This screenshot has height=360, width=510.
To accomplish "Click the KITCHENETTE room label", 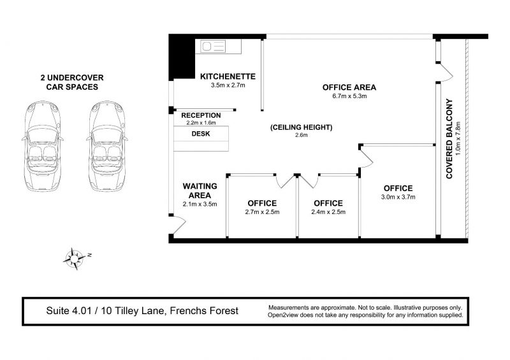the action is pyautogui.click(x=228, y=76).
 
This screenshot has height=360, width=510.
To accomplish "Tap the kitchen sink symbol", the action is pyautogui.click(x=212, y=47).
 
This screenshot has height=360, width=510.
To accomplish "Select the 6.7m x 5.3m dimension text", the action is pyautogui.click(x=349, y=96).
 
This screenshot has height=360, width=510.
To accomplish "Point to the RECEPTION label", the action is pyautogui.click(x=201, y=115).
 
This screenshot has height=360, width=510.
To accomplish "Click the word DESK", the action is pyautogui.click(x=201, y=134).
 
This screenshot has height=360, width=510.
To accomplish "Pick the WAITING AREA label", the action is pyautogui.click(x=200, y=191).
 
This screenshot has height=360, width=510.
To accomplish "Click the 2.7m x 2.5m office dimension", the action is pyautogui.click(x=262, y=212).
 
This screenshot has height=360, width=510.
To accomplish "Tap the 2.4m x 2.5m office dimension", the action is pyautogui.click(x=328, y=212).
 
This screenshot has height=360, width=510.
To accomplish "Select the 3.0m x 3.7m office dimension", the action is pyautogui.click(x=398, y=197).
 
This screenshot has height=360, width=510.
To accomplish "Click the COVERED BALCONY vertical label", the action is pyautogui.click(x=449, y=139).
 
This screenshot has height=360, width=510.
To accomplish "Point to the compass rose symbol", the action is pyautogui.click(x=76, y=259).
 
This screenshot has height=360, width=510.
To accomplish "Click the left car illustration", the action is pyautogui.click(x=43, y=146).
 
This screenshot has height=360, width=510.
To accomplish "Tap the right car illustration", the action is pyautogui.click(x=107, y=146).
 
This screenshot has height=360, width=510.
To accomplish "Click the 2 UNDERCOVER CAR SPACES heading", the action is pyautogui.click(x=72, y=82).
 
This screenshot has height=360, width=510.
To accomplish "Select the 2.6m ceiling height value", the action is pyautogui.click(x=301, y=135).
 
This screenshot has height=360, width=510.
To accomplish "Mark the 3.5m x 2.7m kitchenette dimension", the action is pyautogui.click(x=228, y=85).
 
